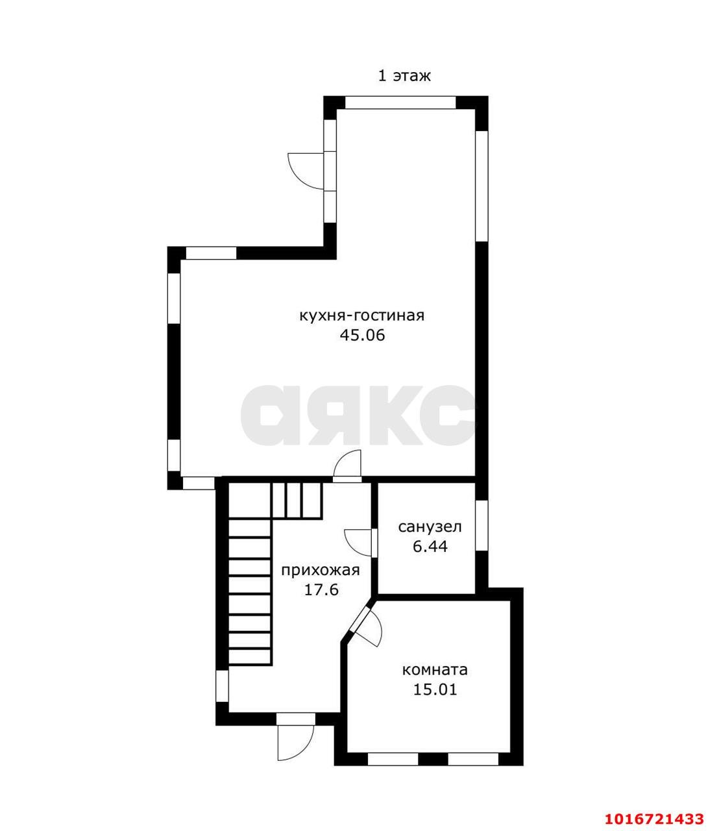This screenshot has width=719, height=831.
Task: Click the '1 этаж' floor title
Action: point(404,76)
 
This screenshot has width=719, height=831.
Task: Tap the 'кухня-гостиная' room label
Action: point(361,316)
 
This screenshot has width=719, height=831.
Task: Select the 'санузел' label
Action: point(430,527)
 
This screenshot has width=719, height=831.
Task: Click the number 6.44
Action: point(430,547)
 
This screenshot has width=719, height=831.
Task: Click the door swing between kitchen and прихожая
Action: point(348,464)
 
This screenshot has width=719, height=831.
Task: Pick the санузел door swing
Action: point(358,543)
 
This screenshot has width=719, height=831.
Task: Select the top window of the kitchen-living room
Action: point(400,102)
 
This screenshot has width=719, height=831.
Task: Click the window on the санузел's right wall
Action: point(481,525)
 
